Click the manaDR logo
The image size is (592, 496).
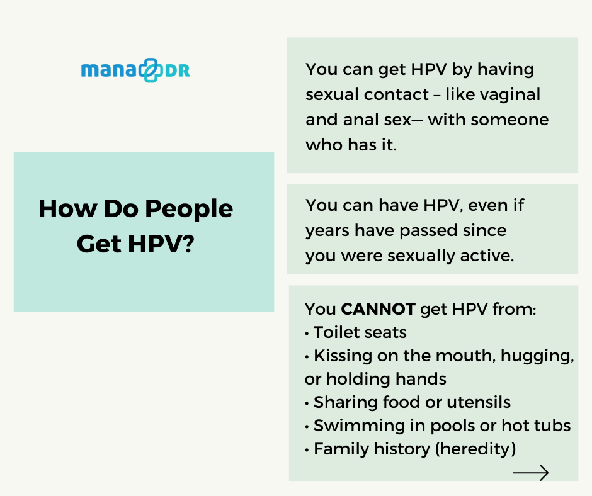135,70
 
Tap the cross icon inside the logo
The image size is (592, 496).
151,70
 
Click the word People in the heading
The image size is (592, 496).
189,210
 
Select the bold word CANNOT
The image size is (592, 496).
379,309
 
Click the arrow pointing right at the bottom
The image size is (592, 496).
530,473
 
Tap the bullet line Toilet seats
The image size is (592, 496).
356,332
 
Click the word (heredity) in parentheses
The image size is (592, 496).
475,449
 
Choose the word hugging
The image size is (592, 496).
537,356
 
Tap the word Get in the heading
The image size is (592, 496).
100,244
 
